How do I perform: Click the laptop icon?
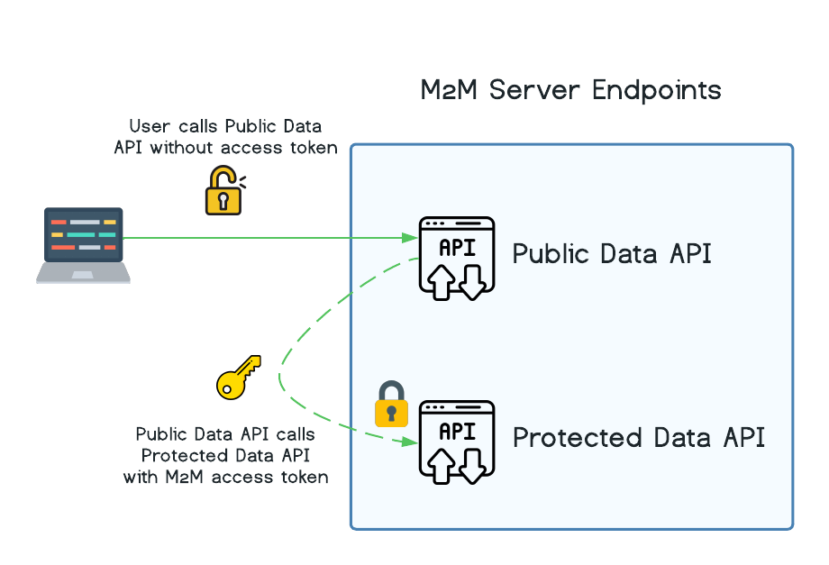click(x=83, y=245)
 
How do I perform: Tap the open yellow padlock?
click(x=223, y=192)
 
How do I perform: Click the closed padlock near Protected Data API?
click(x=391, y=405)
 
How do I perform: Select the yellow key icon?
click(x=237, y=377)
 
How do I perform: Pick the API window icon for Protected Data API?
click(x=457, y=440)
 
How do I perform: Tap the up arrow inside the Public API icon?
click(x=442, y=281)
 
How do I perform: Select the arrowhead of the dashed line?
click(x=410, y=442)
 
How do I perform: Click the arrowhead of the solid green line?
click(x=411, y=238)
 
